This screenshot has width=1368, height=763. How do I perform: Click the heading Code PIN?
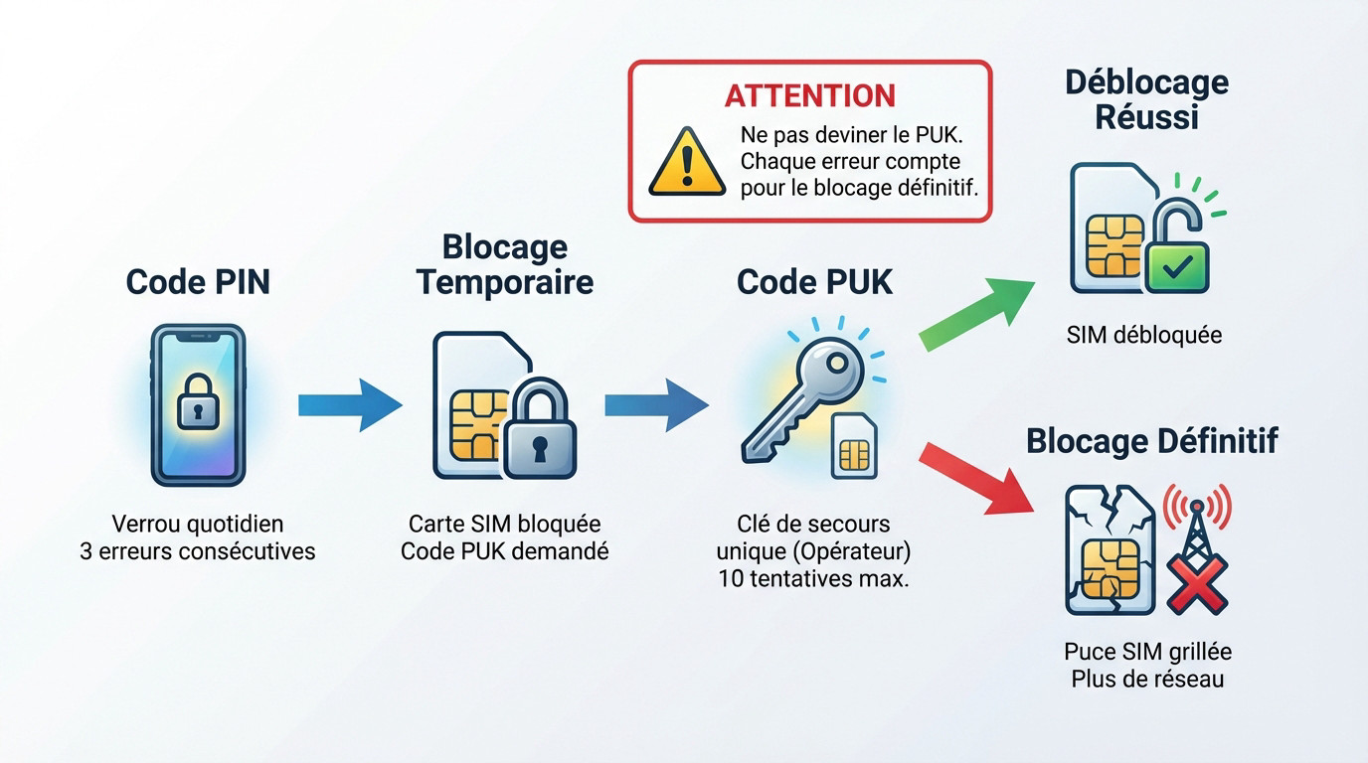point(198,282)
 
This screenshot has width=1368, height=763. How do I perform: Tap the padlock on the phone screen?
point(198,399)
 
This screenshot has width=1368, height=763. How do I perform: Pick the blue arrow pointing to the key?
point(656,403)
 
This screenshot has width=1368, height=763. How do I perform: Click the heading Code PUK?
point(815,282)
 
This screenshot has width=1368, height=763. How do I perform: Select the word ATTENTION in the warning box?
point(810,96)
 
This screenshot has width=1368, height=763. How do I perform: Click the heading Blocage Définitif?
point(1152,440)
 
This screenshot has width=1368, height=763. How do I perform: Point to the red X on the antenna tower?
point(1197,582)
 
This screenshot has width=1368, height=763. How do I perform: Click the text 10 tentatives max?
point(813,579)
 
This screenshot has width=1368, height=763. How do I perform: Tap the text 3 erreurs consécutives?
point(198,550)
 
